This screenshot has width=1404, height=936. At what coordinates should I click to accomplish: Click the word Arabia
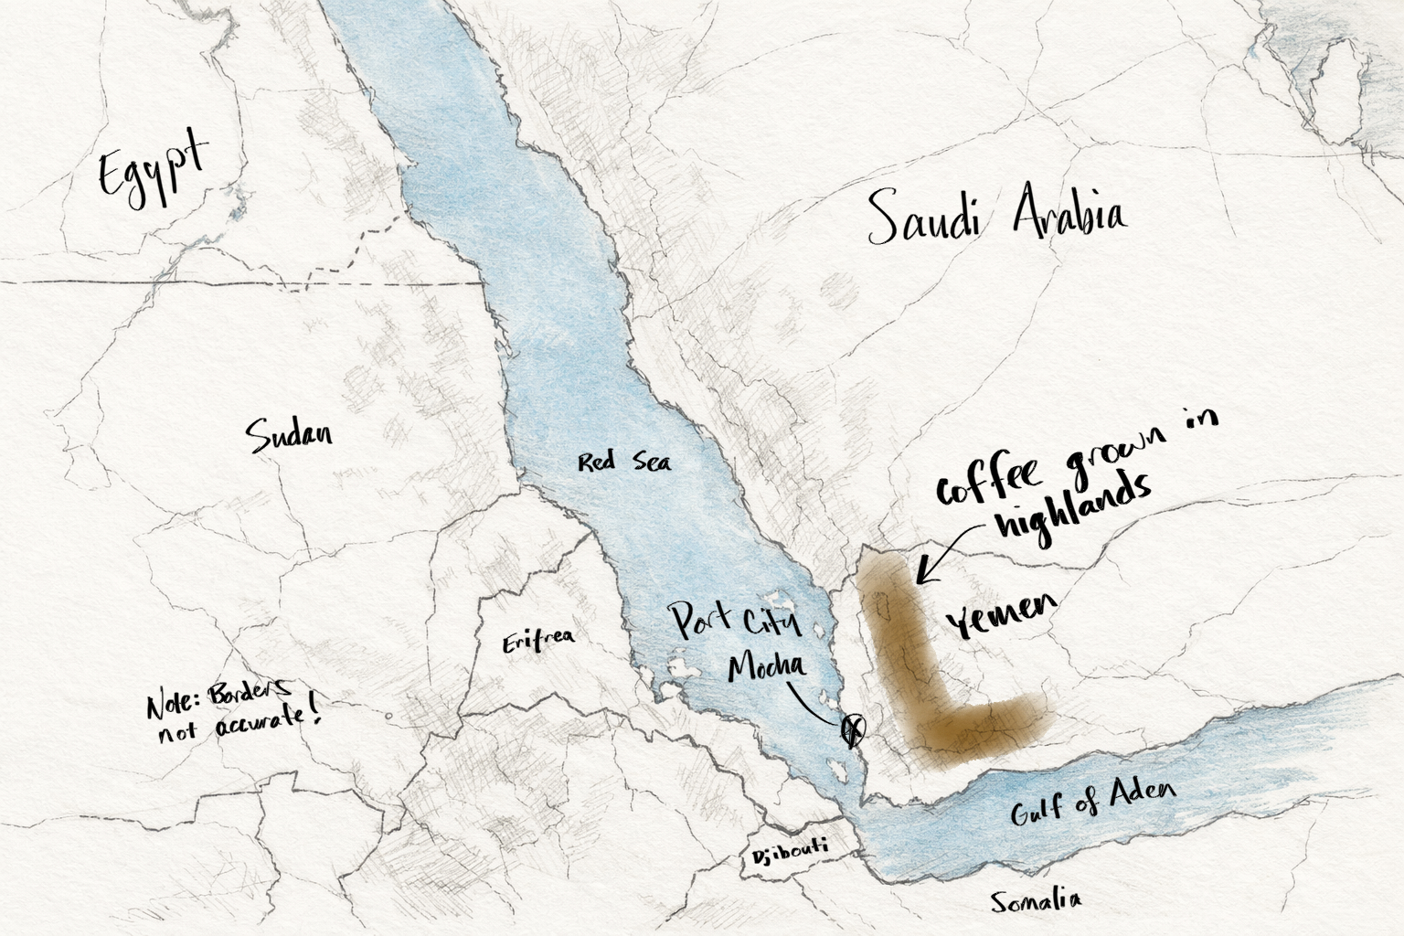click(1069, 212)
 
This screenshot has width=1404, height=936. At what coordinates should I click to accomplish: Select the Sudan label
click(290, 435)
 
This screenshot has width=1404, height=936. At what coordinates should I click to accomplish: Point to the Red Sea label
click(623, 462)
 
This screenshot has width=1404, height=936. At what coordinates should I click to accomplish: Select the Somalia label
click(1036, 900)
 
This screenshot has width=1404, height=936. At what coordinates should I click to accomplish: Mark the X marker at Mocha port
click(852, 729)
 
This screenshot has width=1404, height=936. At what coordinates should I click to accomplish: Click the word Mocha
click(768, 666)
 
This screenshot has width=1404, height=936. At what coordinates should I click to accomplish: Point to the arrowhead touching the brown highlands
click(920, 579)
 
